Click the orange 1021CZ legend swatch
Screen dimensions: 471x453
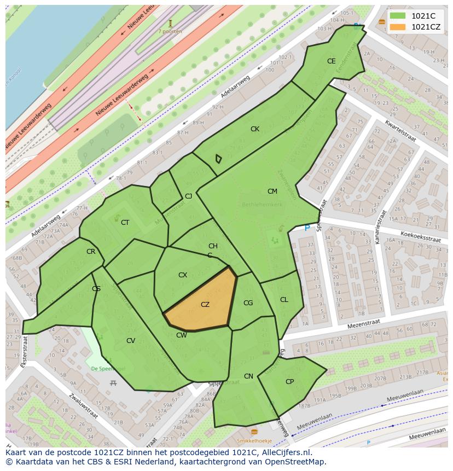(398, 27)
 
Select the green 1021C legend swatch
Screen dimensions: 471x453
(398, 16)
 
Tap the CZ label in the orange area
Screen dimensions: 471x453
(205, 305)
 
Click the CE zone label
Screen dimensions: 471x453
(331, 61)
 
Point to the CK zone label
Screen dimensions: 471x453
(255, 129)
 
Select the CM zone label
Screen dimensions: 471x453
(272, 191)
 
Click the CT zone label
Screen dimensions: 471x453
(125, 223)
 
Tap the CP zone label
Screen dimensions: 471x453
(290, 382)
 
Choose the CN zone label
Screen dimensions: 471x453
(248, 376)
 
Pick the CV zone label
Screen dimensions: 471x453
(131, 341)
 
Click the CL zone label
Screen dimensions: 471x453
(284, 300)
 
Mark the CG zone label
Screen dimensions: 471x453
(248, 303)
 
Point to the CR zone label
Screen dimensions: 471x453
(91, 252)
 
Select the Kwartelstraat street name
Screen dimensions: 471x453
(400, 131)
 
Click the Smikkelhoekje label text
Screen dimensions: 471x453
(254, 440)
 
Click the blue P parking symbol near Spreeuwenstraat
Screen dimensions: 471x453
(307, 228)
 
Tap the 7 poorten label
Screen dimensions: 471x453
(170, 32)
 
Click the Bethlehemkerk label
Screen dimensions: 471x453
(262, 205)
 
